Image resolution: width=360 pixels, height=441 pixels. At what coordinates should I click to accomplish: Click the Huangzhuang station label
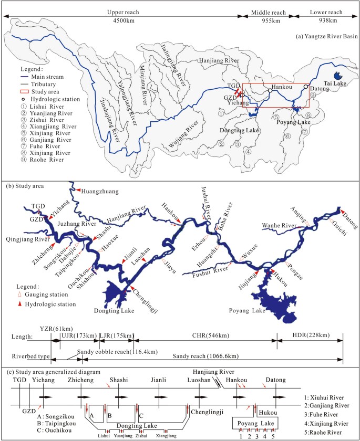100,192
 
